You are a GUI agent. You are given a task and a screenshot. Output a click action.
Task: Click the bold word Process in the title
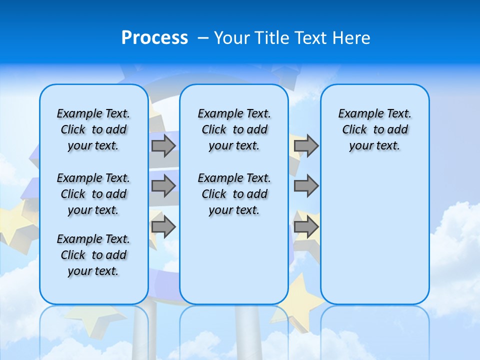pyautogui.click(x=154, y=38)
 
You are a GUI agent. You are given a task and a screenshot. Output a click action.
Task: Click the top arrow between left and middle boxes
pyautogui.click(x=163, y=146)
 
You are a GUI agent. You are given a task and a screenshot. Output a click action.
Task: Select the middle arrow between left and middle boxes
pyautogui.click(x=163, y=186)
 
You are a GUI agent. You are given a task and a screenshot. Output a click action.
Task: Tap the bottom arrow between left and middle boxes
pyautogui.click(x=163, y=226)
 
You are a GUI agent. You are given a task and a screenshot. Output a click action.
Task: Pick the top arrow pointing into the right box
pyautogui.click(x=306, y=146)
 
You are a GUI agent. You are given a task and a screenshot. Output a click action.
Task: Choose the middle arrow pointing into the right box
pyautogui.click(x=306, y=186)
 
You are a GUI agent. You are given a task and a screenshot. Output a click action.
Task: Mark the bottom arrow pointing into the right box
pyautogui.click(x=306, y=226)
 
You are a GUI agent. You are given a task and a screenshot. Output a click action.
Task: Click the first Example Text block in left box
pyautogui.click(x=93, y=129)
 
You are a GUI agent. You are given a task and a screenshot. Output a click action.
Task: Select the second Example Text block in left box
pyautogui.click(x=93, y=194)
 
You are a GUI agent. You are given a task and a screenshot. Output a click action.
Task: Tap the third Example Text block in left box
pyautogui.click(x=93, y=255)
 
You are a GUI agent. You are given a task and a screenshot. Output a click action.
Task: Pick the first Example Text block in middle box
pyautogui.click(x=234, y=129)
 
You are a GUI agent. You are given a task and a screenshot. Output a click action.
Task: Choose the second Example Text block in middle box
pyautogui.click(x=234, y=194)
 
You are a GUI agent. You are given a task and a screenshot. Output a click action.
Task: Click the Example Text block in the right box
pyautogui.click(x=375, y=129)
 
